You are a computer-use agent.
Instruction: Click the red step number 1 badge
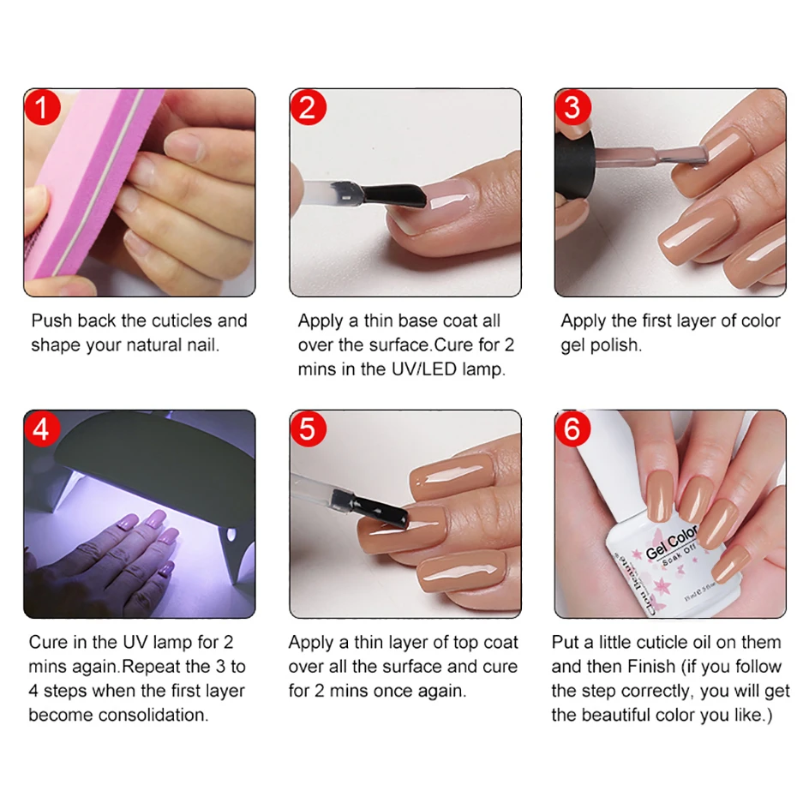pos(42,108)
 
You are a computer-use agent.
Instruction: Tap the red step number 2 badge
pos(308,108)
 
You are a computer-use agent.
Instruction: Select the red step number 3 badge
pos(572,108)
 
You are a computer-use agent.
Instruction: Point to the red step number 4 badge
pos(42,428)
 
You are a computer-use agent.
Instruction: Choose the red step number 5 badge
pos(308,428)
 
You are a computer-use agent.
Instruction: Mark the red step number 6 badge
pos(572,428)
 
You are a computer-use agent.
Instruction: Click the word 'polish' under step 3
pos(614,345)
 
